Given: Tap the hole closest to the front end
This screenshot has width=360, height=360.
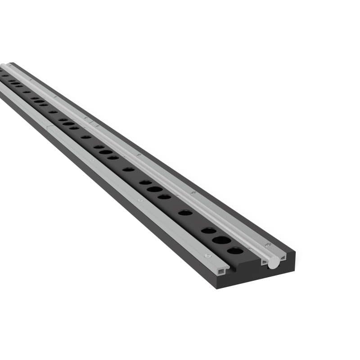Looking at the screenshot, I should point(235,250).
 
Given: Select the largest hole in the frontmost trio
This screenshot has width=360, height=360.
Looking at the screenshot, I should point(221,240).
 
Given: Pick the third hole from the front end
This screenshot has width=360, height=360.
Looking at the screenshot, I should point(208,230).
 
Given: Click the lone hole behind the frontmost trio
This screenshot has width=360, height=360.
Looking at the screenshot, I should point(185,212).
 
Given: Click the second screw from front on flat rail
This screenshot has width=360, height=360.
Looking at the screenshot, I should point(141,200).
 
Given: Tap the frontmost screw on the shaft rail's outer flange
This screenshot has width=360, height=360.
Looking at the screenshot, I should point(268,245).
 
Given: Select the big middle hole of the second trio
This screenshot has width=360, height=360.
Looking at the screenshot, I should point(154,189).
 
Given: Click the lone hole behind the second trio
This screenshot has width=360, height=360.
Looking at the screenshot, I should point(128,169).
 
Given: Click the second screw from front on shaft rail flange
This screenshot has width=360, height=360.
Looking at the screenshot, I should point(193,193).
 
